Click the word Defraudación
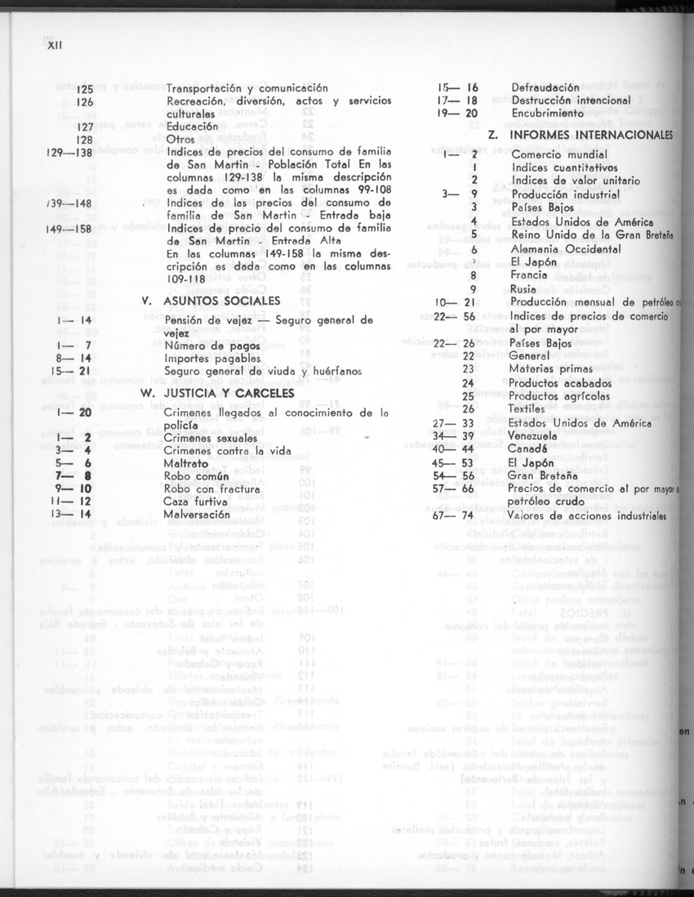[545, 87]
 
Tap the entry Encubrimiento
[549, 114]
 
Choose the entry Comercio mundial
[559, 154]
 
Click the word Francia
[531, 275]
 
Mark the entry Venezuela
[538, 435]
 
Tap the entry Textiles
[532, 409]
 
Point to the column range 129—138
[69, 154]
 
